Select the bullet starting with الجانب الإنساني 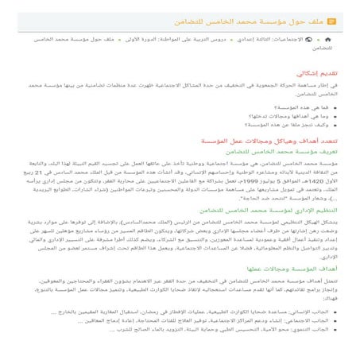[x=238, y=324]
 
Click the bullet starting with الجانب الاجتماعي [x=238, y=334]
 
